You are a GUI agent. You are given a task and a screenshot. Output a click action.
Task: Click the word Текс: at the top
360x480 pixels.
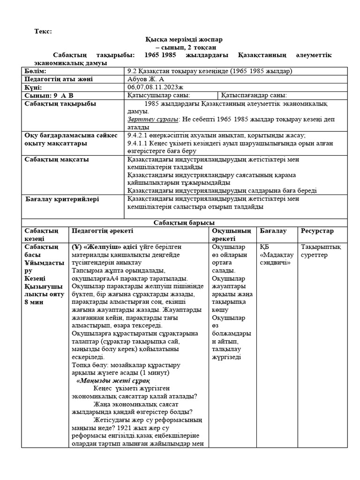tap(43, 31)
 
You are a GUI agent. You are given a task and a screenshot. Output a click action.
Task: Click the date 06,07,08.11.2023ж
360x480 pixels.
tap(158, 87)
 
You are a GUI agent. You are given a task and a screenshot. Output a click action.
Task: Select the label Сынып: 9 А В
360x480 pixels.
tap(49, 95)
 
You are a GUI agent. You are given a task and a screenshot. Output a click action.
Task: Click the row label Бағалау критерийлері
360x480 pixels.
tap(62, 199)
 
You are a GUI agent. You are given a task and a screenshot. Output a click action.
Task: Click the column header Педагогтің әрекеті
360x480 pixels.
tap(102, 231)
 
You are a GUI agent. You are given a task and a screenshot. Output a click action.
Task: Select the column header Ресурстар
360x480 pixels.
tap(317, 231)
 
